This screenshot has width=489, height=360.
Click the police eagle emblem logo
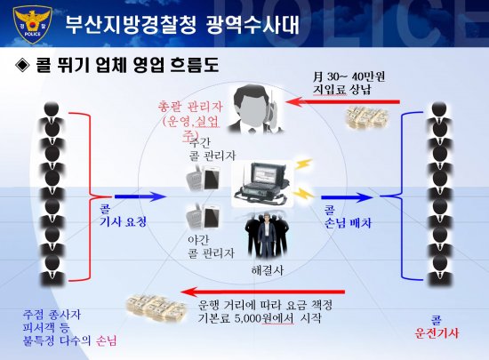[x=32, y=25]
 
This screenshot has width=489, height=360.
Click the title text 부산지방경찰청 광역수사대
[x=182, y=25]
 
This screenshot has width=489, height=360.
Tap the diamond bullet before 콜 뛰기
[x=22, y=66]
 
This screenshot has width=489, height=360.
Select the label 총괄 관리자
[x=190, y=107]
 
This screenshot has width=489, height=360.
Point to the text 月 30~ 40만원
[x=349, y=76]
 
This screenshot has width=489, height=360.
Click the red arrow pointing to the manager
[x=342, y=101]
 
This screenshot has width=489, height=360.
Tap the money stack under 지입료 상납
[x=367, y=117]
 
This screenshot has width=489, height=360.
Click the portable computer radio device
[x=262, y=184]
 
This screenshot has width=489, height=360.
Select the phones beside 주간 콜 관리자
[x=203, y=178]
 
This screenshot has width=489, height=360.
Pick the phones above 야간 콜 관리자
[x=203, y=217]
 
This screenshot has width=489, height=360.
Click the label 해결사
[x=268, y=270]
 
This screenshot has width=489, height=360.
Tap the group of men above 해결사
[x=268, y=236]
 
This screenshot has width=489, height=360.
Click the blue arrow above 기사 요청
[x=140, y=196]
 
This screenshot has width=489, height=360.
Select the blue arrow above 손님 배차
[x=347, y=197]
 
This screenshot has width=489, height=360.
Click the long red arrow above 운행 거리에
[x=262, y=292]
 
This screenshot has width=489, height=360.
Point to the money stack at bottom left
[x=156, y=308]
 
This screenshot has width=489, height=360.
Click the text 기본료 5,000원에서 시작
[x=260, y=318]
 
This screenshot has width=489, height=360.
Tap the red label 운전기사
[x=437, y=333]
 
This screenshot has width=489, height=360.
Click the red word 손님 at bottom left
[x=107, y=340]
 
